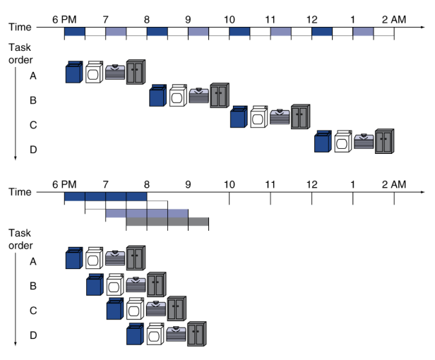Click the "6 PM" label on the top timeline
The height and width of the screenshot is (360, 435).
pyautogui.click(x=64, y=20)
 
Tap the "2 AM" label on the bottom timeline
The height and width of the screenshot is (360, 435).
pyautogui.click(x=394, y=184)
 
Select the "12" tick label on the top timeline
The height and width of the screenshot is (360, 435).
pyautogui.click(x=312, y=20)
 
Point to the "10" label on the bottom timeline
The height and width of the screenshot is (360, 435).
pyautogui.click(x=230, y=184)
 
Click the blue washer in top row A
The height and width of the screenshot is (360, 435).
pyautogui.click(x=74, y=72)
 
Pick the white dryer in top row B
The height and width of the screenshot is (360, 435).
pyautogui.click(x=178, y=95)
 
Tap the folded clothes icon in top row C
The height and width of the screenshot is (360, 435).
pyautogui.click(x=280, y=116)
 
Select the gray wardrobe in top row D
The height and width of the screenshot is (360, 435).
pyautogui.click(x=384, y=141)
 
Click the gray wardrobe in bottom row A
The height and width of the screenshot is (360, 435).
pyautogui.click(x=136, y=258)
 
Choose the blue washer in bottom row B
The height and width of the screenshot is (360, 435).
pyautogui.click(x=95, y=284)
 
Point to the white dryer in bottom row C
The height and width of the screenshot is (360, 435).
pyautogui.click(x=136, y=308)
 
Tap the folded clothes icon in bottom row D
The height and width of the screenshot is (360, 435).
pyautogui.click(x=176, y=334)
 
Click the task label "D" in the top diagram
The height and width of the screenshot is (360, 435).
pyautogui.click(x=33, y=150)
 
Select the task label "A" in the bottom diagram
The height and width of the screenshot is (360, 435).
pyautogui.click(x=33, y=261)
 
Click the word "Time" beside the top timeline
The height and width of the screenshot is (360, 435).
pyautogui.click(x=20, y=27)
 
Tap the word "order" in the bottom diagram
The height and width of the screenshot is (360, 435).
pyautogui.click(x=20, y=246)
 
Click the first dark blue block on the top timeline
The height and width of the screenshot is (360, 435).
pyautogui.click(x=75, y=31)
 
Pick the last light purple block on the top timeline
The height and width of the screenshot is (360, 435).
pyautogui.click(x=363, y=31)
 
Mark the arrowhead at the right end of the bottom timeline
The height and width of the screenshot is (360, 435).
pyautogui.click(x=423, y=192)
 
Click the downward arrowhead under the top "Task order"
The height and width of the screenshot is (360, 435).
pyautogui.click(x=16, y=158)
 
